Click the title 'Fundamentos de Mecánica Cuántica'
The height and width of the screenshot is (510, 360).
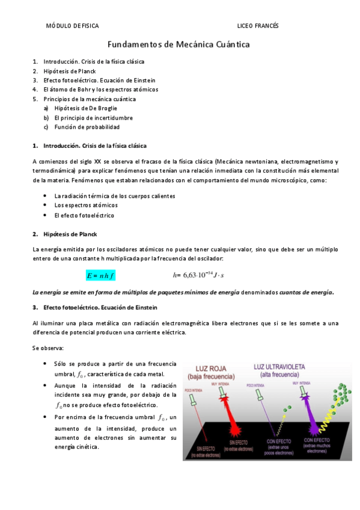[178, 45]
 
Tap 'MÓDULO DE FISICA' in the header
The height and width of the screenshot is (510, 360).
[72, 26]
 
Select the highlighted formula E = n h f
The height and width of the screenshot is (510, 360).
[100, 275]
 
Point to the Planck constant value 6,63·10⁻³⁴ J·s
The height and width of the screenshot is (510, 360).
[198, 275]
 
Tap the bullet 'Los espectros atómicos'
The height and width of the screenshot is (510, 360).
[86, 206]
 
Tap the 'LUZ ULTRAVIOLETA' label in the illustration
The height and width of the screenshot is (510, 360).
[279, 367]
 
